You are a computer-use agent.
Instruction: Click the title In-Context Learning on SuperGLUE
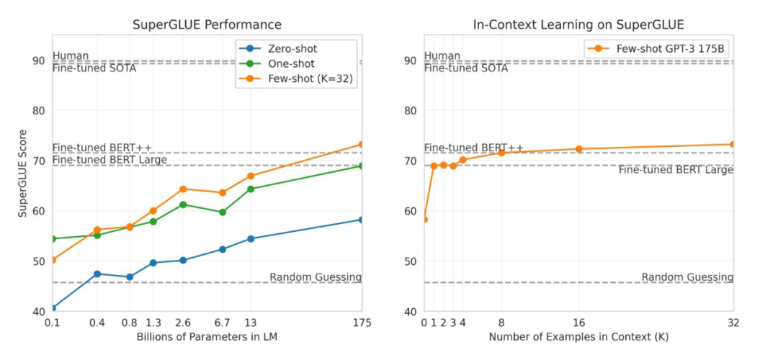click(578, 24)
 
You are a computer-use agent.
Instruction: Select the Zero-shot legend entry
click(291, 49)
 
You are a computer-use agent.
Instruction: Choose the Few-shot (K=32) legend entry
click(306, 79)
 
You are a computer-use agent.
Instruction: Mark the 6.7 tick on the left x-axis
click(223, 323)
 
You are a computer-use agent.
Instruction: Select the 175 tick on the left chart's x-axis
click(362, 323)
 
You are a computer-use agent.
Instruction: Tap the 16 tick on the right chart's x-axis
click(578, 323)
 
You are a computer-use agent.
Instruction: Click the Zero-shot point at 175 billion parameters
click(362, 220)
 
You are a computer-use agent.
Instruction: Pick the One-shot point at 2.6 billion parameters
click(184, 204)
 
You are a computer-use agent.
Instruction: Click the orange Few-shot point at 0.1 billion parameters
click(53, 260)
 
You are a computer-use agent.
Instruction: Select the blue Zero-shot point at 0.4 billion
click(97, 274)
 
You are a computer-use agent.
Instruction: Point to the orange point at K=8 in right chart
click(501, 153)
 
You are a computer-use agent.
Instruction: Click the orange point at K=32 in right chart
click(733, 144)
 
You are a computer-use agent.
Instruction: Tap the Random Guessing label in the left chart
click(316, 277)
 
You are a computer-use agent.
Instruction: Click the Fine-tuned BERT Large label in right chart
click(676, 170)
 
